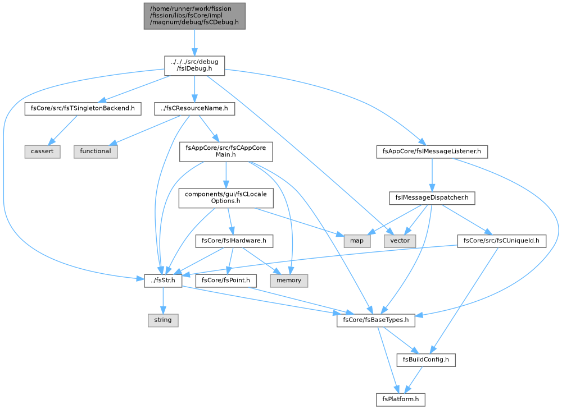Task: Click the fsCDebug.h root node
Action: click(194, 16)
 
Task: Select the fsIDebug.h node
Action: click(194, 66)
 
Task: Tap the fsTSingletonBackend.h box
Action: click(83, 108)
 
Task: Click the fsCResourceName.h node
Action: click(194, 108)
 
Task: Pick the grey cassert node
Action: click(42, 151)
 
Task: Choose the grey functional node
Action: click(96, 151)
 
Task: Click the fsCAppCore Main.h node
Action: click(226, 151)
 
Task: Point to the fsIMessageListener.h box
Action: click(432, 151)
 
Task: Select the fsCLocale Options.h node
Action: click(226, 198)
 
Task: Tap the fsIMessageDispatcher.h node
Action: click(432, 198)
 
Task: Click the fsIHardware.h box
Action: click(234, 241)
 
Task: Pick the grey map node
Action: click(357, 241)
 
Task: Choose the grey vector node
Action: click(400, 241)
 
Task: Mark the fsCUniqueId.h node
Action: click(501, 241)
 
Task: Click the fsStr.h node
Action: click(163, 281)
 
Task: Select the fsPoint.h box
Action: click(226, 281)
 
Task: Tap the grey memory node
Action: click(289, 281)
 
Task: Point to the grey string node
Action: click(163, 320)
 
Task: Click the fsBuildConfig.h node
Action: click(426, 360)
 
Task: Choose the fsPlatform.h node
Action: click(400, 399)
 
